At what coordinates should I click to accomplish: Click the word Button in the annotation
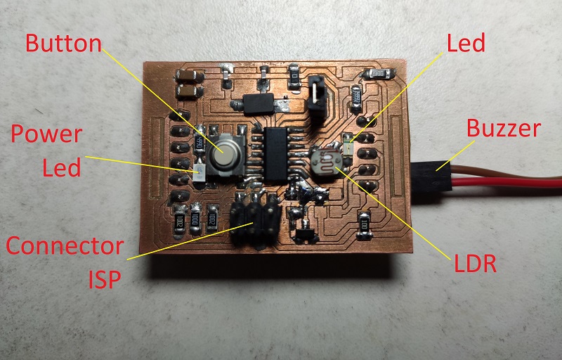coord(63,43)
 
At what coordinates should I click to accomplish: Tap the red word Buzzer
coord(504,129)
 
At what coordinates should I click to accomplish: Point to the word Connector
coord(65,246)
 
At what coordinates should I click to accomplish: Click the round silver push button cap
coord(228,150)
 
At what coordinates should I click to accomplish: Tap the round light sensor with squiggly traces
coord(325,160)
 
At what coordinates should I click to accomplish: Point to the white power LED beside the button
coord(198,169)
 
